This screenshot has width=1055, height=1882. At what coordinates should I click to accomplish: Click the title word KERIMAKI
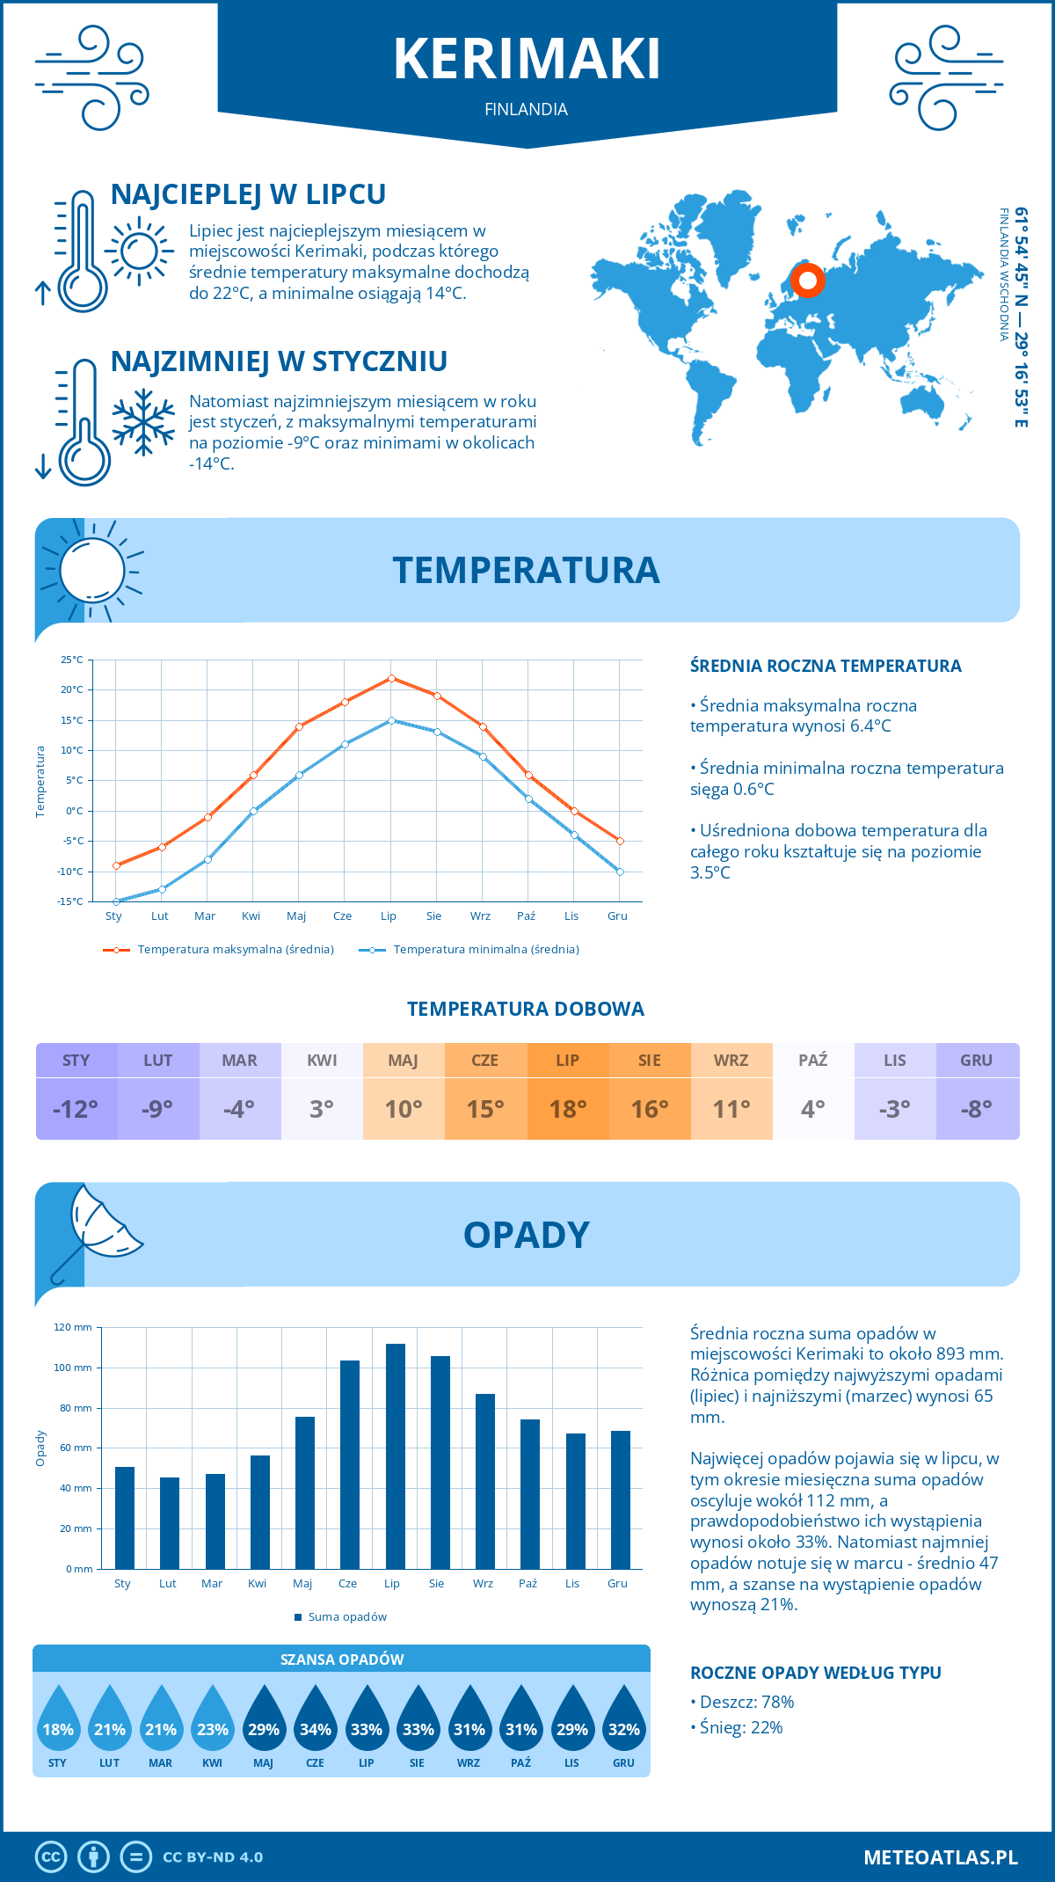(x=527, y=60)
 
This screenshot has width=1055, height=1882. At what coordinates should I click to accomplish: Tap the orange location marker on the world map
(x=807, y=281)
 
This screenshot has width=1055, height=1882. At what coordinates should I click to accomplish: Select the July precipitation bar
(x=395, y=1455)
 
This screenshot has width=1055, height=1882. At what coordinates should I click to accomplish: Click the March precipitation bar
(x=215, y=1521)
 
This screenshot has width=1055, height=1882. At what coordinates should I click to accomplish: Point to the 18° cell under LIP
(x=568, y=1109)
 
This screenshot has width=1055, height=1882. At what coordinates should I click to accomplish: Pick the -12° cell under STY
(x=76, y=1109)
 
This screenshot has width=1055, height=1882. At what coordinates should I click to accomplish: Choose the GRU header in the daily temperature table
(x=976, y=1061)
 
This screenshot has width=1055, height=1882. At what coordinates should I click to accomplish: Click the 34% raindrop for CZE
(x=315, y=1725)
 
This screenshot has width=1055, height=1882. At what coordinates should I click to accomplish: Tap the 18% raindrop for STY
(x=58, y=1725)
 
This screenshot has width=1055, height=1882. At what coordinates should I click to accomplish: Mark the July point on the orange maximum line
(x=391, y=678)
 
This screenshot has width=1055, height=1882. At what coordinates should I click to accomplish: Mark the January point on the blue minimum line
(x=116, y=901)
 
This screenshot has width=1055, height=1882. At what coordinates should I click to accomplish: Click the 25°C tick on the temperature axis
(x=72, y=660)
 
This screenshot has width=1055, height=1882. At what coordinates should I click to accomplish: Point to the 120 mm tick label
(x=73, y=1327)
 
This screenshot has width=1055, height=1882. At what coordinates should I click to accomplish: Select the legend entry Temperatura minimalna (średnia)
(x=485, y=950)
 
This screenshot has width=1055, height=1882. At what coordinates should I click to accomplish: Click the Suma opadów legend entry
(x=347, y=1616)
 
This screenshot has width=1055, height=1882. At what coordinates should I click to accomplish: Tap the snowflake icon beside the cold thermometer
(x=143, y=422)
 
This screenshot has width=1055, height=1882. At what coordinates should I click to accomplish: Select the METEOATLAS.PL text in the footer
(x=940, y=1857)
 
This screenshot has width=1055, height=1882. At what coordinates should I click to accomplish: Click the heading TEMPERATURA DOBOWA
(x=526, y=1009)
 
